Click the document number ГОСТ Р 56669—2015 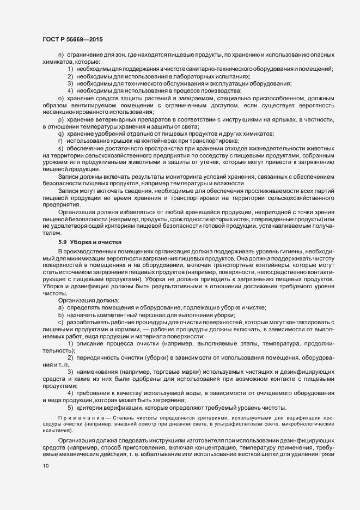click(72, 39)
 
